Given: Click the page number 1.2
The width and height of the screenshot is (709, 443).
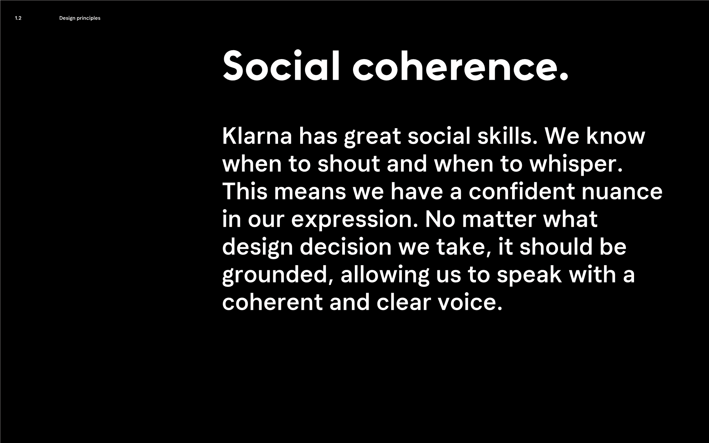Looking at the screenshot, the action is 18,18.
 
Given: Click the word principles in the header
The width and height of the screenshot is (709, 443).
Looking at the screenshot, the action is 89,18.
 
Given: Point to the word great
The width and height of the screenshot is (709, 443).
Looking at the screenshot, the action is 372,137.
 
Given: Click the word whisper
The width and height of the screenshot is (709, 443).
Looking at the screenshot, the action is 576,165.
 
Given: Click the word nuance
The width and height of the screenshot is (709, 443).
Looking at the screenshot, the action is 622,193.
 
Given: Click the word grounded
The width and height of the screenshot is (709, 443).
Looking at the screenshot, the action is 278,276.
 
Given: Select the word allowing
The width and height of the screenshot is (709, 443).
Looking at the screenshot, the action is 385,276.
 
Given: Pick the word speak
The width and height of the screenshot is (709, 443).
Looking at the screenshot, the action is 529,276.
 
